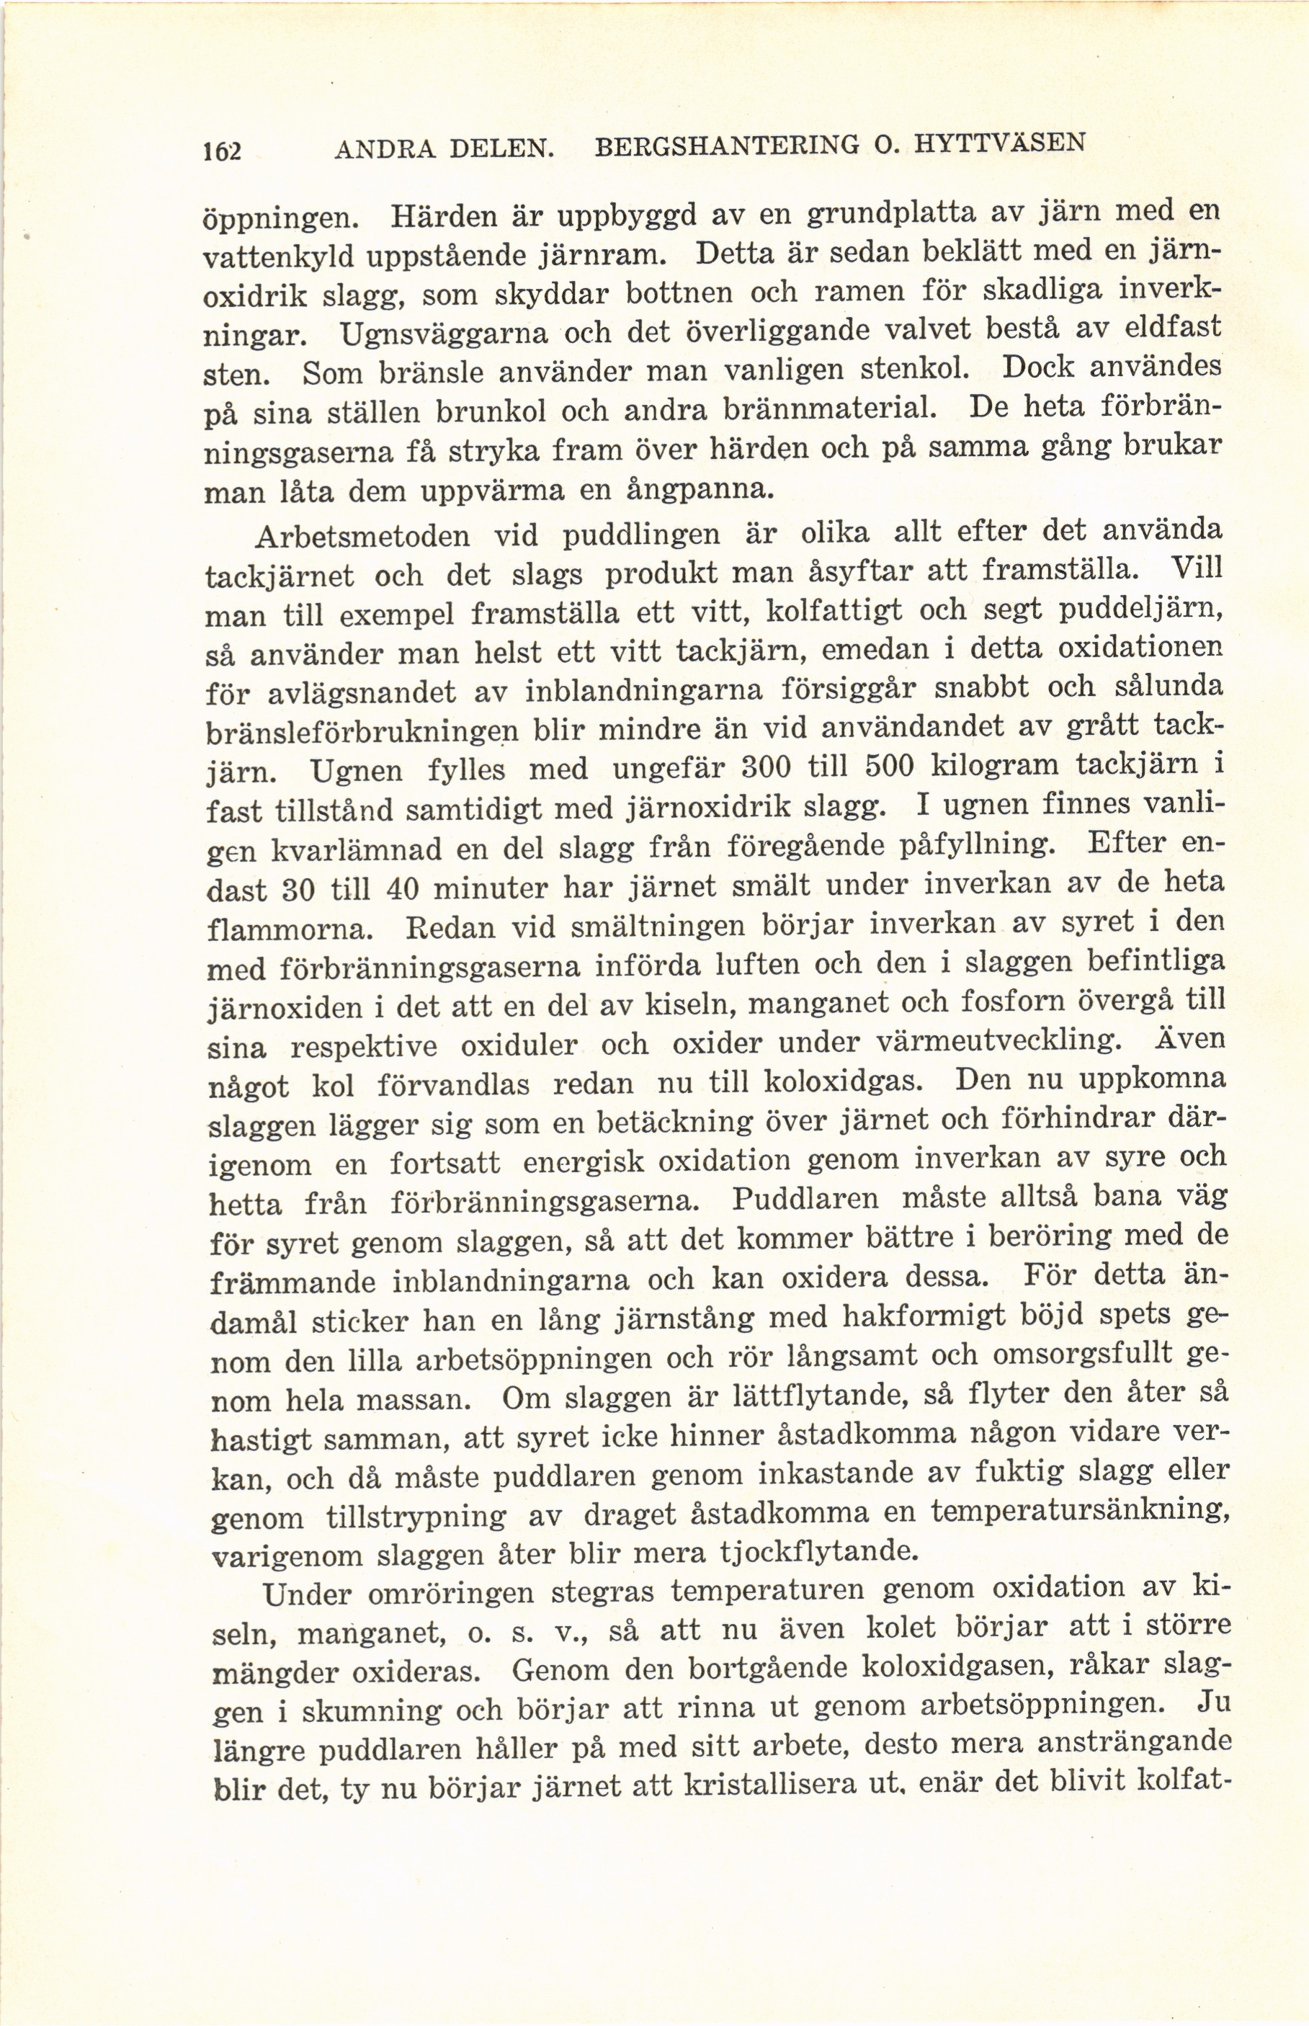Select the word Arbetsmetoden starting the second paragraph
[x=363, y=537]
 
